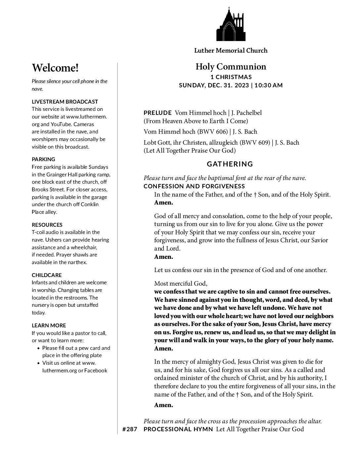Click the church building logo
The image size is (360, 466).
click(x=231, y=24)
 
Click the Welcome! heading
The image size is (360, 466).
click(x=55, y=68)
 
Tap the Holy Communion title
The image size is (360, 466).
click(x=231, y=67)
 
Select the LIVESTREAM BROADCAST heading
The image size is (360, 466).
click(x=65, y=102)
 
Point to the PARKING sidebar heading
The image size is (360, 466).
click(x=43, y=159)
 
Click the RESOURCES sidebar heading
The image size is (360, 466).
click(x=47, y=225)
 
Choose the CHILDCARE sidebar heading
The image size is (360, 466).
click(x=47, y=275)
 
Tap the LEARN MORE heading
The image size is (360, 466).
click(x=49, y=325)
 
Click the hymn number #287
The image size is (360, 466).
click(x=129, y=430)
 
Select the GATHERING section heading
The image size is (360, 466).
click(x=230, y=164)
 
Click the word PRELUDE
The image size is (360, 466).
click(x=157, y=113)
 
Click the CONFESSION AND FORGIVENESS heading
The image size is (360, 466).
click(x=194, y=186)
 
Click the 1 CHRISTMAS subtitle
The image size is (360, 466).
click(x=231, y=77)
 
